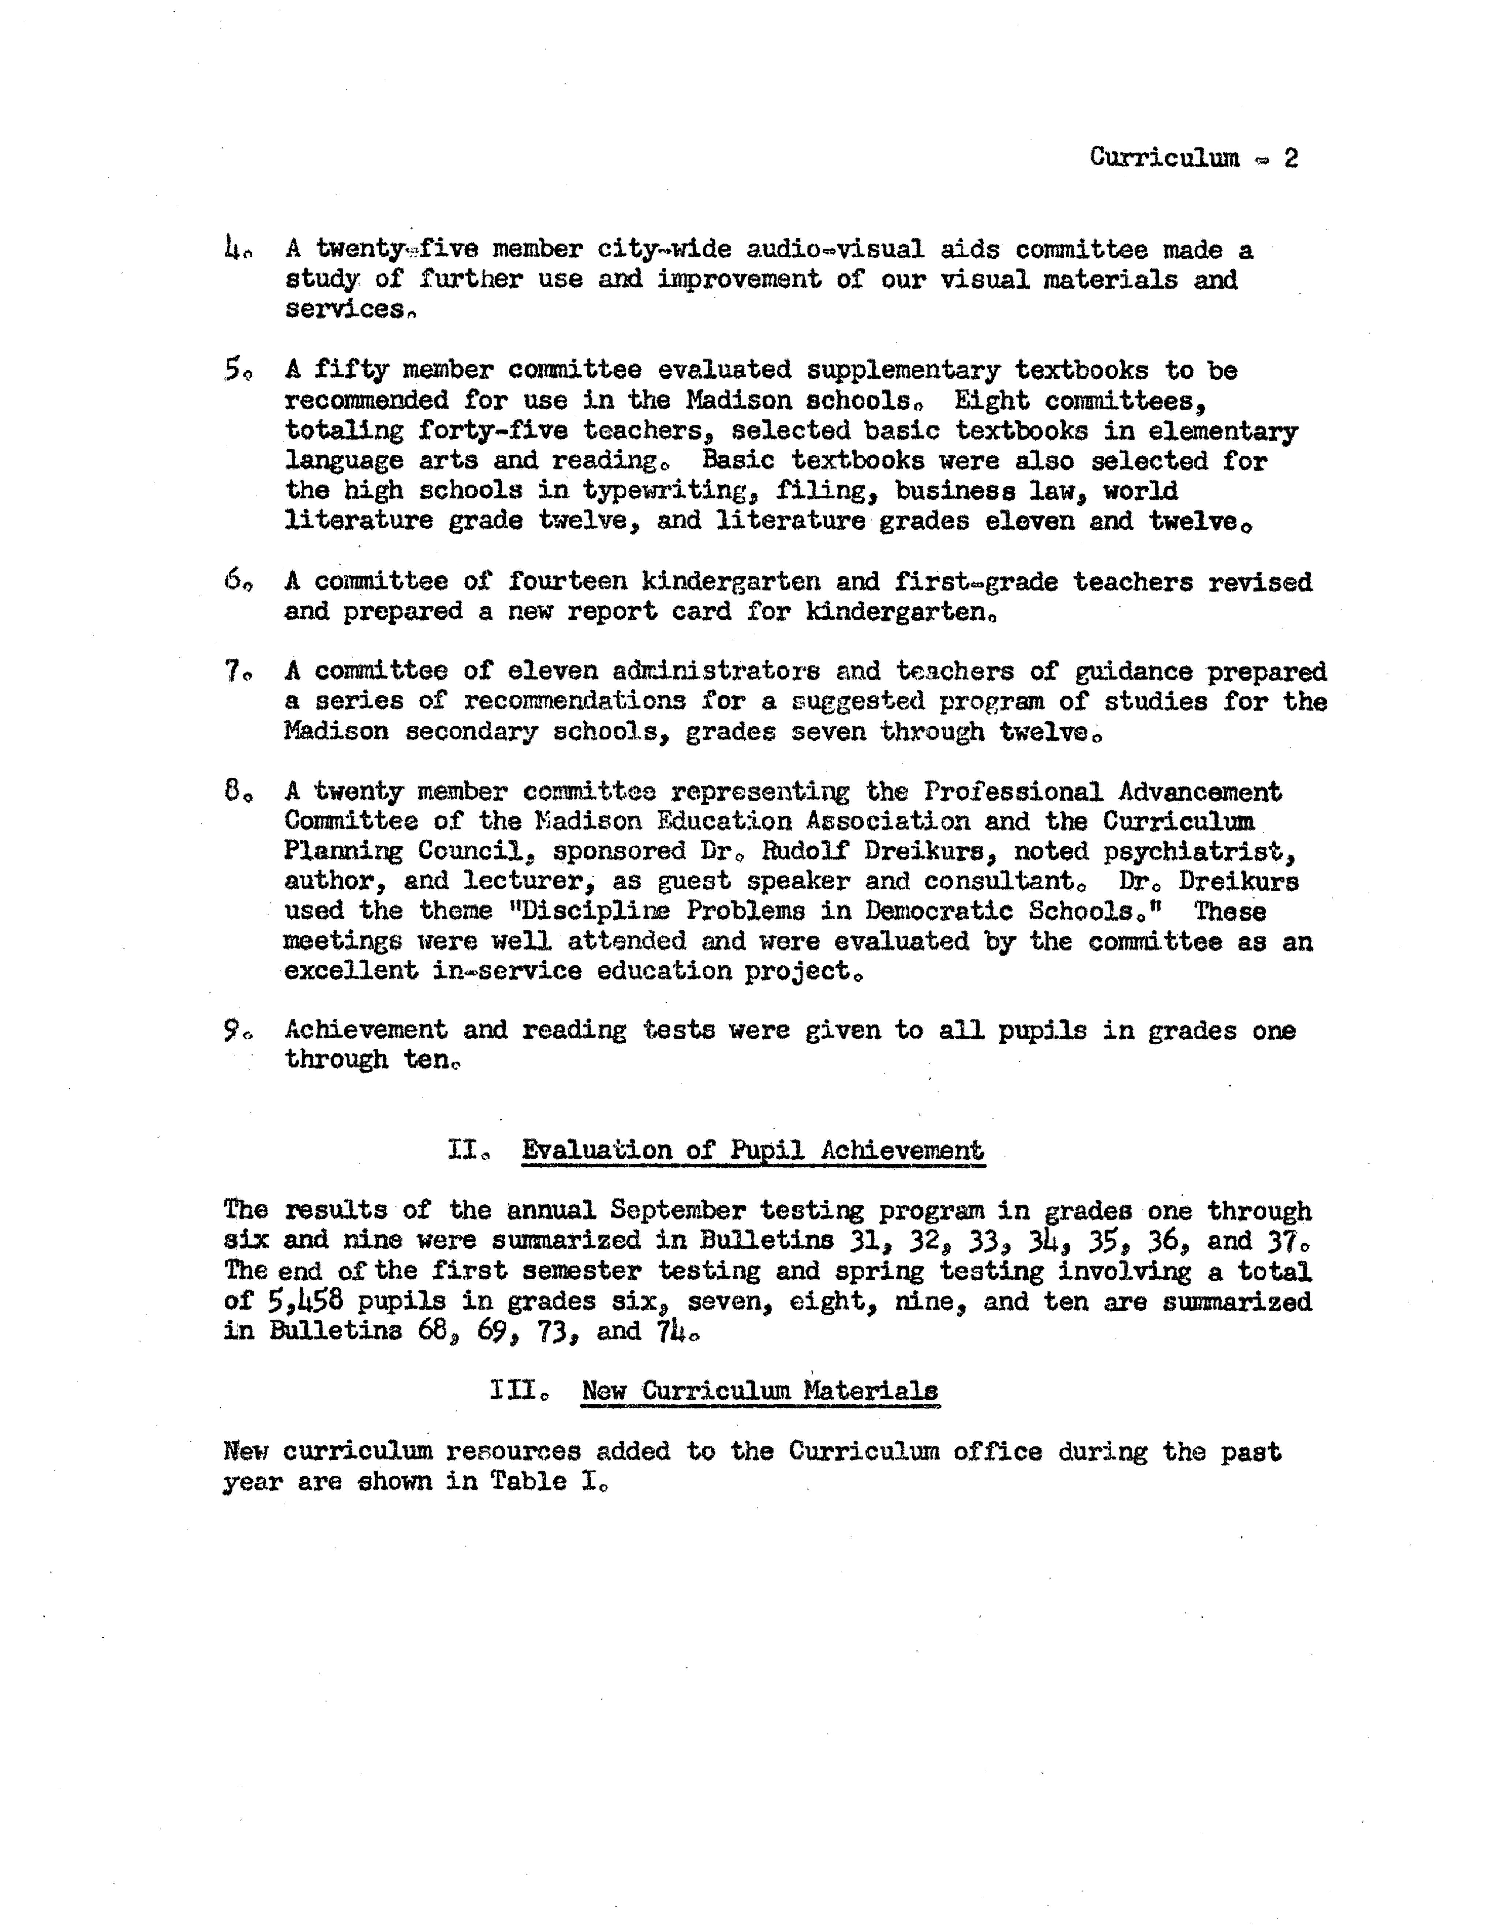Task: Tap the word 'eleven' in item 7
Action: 553,672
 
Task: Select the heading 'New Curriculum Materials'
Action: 759,1391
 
